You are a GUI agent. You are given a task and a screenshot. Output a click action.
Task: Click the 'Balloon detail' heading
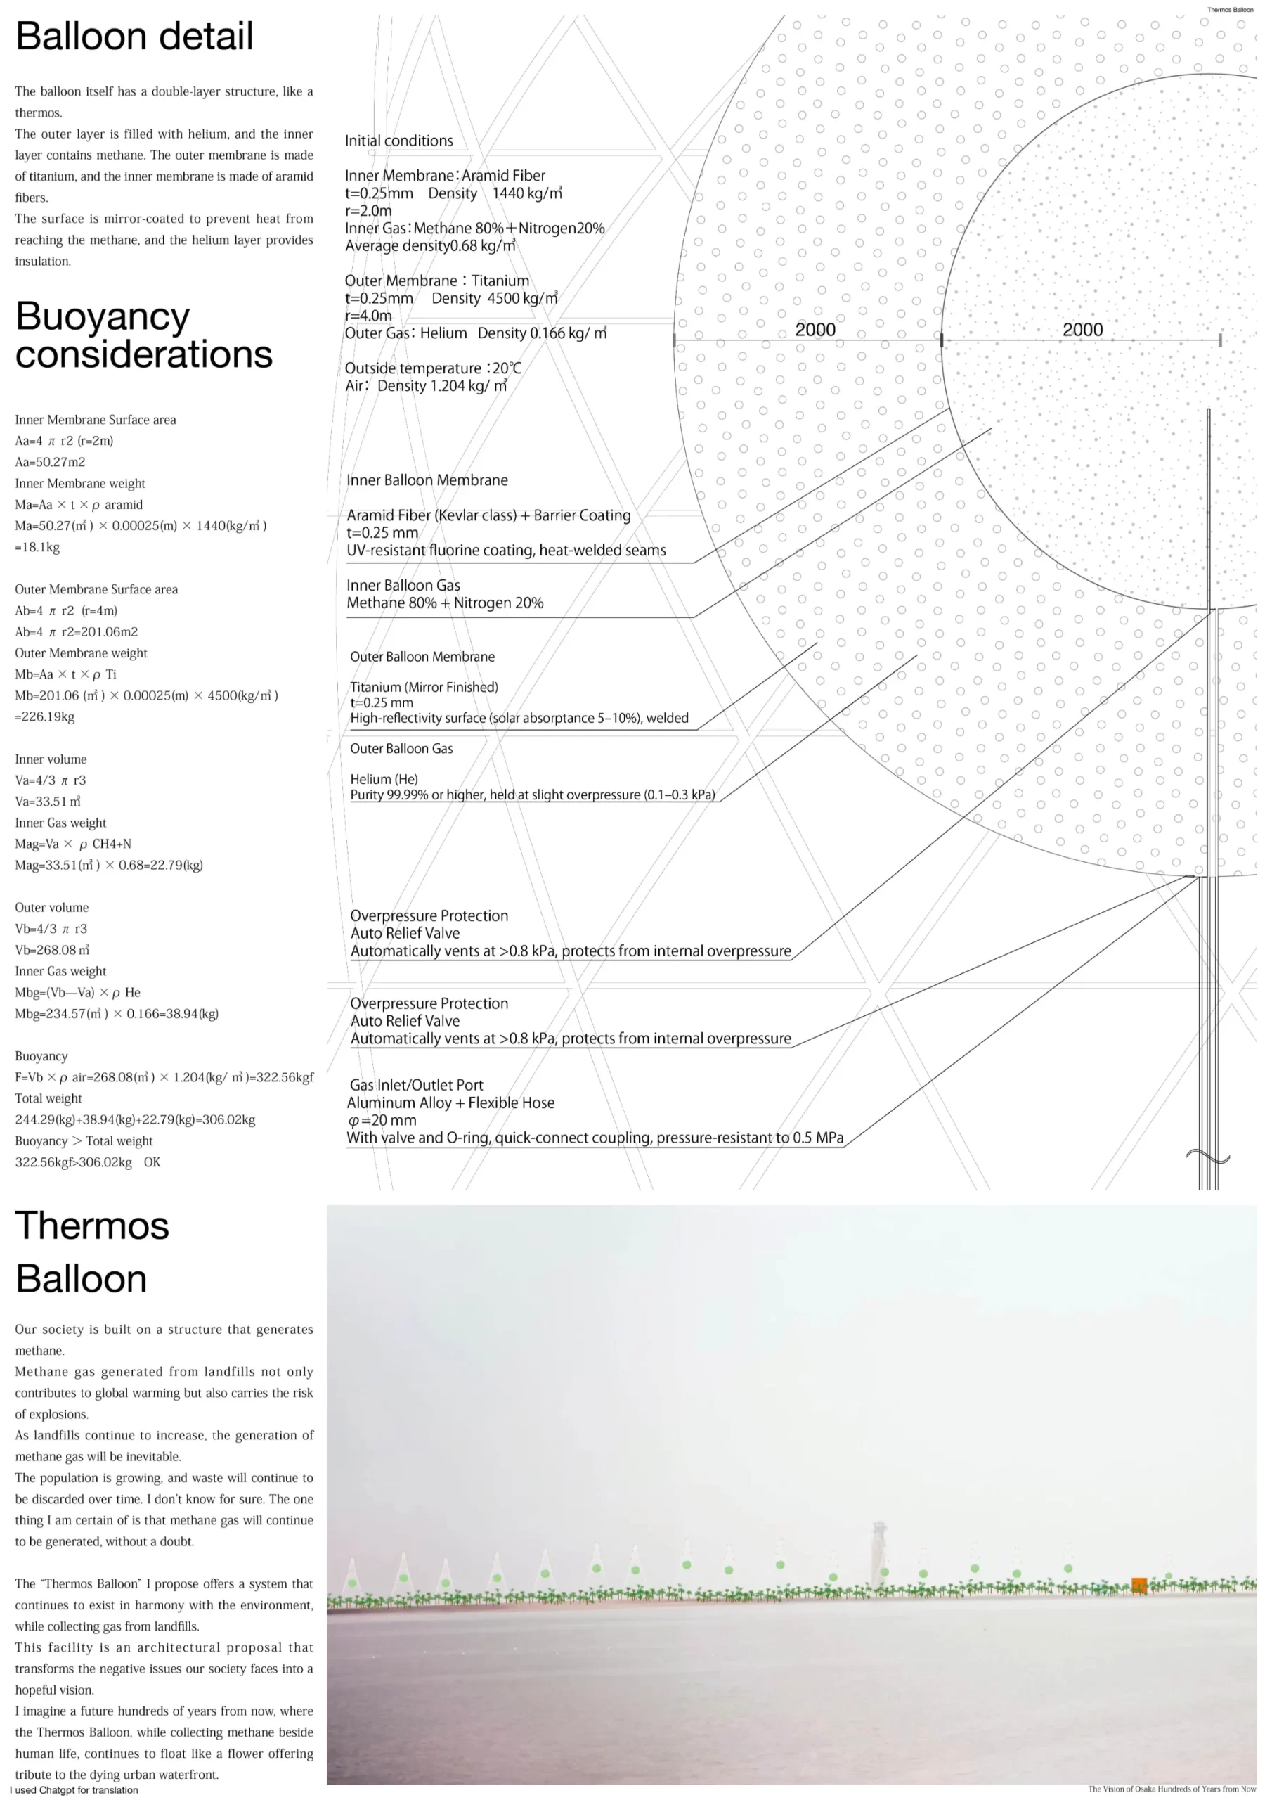pyautogui.click(x=134, y=36)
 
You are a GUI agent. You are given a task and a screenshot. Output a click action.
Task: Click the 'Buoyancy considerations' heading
pyautogui.click(x=143, y=335)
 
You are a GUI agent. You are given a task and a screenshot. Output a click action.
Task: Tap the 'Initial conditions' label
pyautogui.click(x=399, y=141)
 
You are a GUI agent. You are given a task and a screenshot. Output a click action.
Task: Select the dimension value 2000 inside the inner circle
pyautogui.click(x=1082, y=329)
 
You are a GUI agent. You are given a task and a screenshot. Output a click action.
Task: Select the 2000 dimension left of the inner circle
pyautogui.click(x=815, y=329)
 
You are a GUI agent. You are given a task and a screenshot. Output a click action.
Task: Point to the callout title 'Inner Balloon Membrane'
pyautogui.click(x=427, y=480)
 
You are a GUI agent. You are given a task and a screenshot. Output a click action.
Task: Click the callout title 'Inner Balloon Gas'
pyautogui.click(x=403, y=585)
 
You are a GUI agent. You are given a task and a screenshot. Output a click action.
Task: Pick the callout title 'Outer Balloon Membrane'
pyautogui.click(x=422, y=656)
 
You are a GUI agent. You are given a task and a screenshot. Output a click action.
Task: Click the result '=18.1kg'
pyautogui.click(x=38, y=547)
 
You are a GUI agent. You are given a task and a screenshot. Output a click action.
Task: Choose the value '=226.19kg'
pyautogui.click(x=45, y=716)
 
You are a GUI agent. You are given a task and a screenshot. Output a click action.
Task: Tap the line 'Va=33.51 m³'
pyautogui.click(x=48, y=802)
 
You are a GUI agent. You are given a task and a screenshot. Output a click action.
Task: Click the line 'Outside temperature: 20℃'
pyautogui.click(x=434, y=368)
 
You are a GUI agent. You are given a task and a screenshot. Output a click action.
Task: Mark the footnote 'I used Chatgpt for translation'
pyautogui.click(x=74, y=1790)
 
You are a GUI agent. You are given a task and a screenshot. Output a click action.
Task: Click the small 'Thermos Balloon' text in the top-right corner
pyautogui.click(x=1230, y=9)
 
